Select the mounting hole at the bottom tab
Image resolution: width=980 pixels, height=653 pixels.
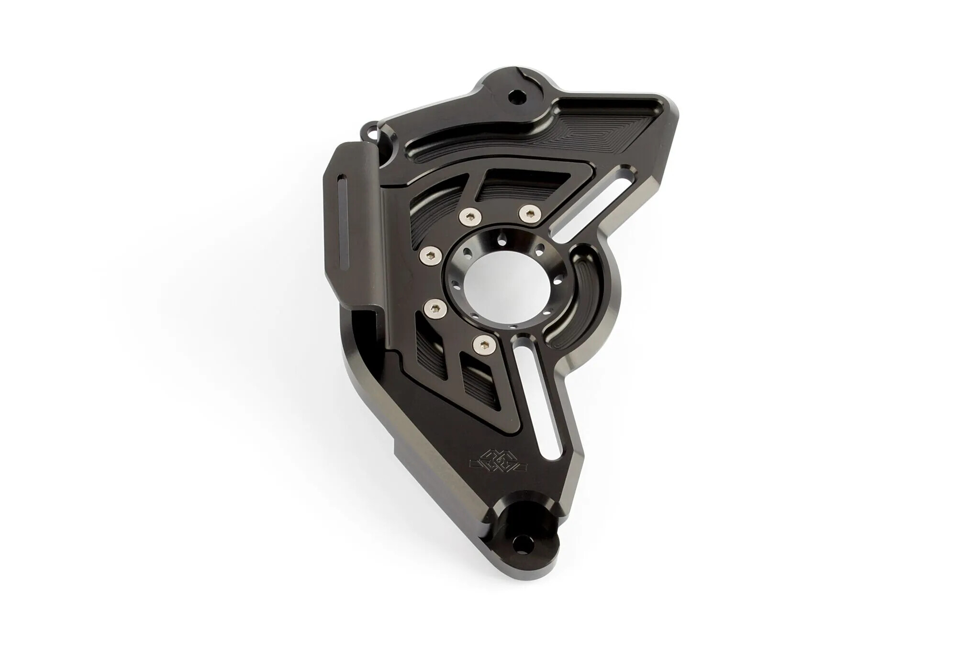click(519, 607)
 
